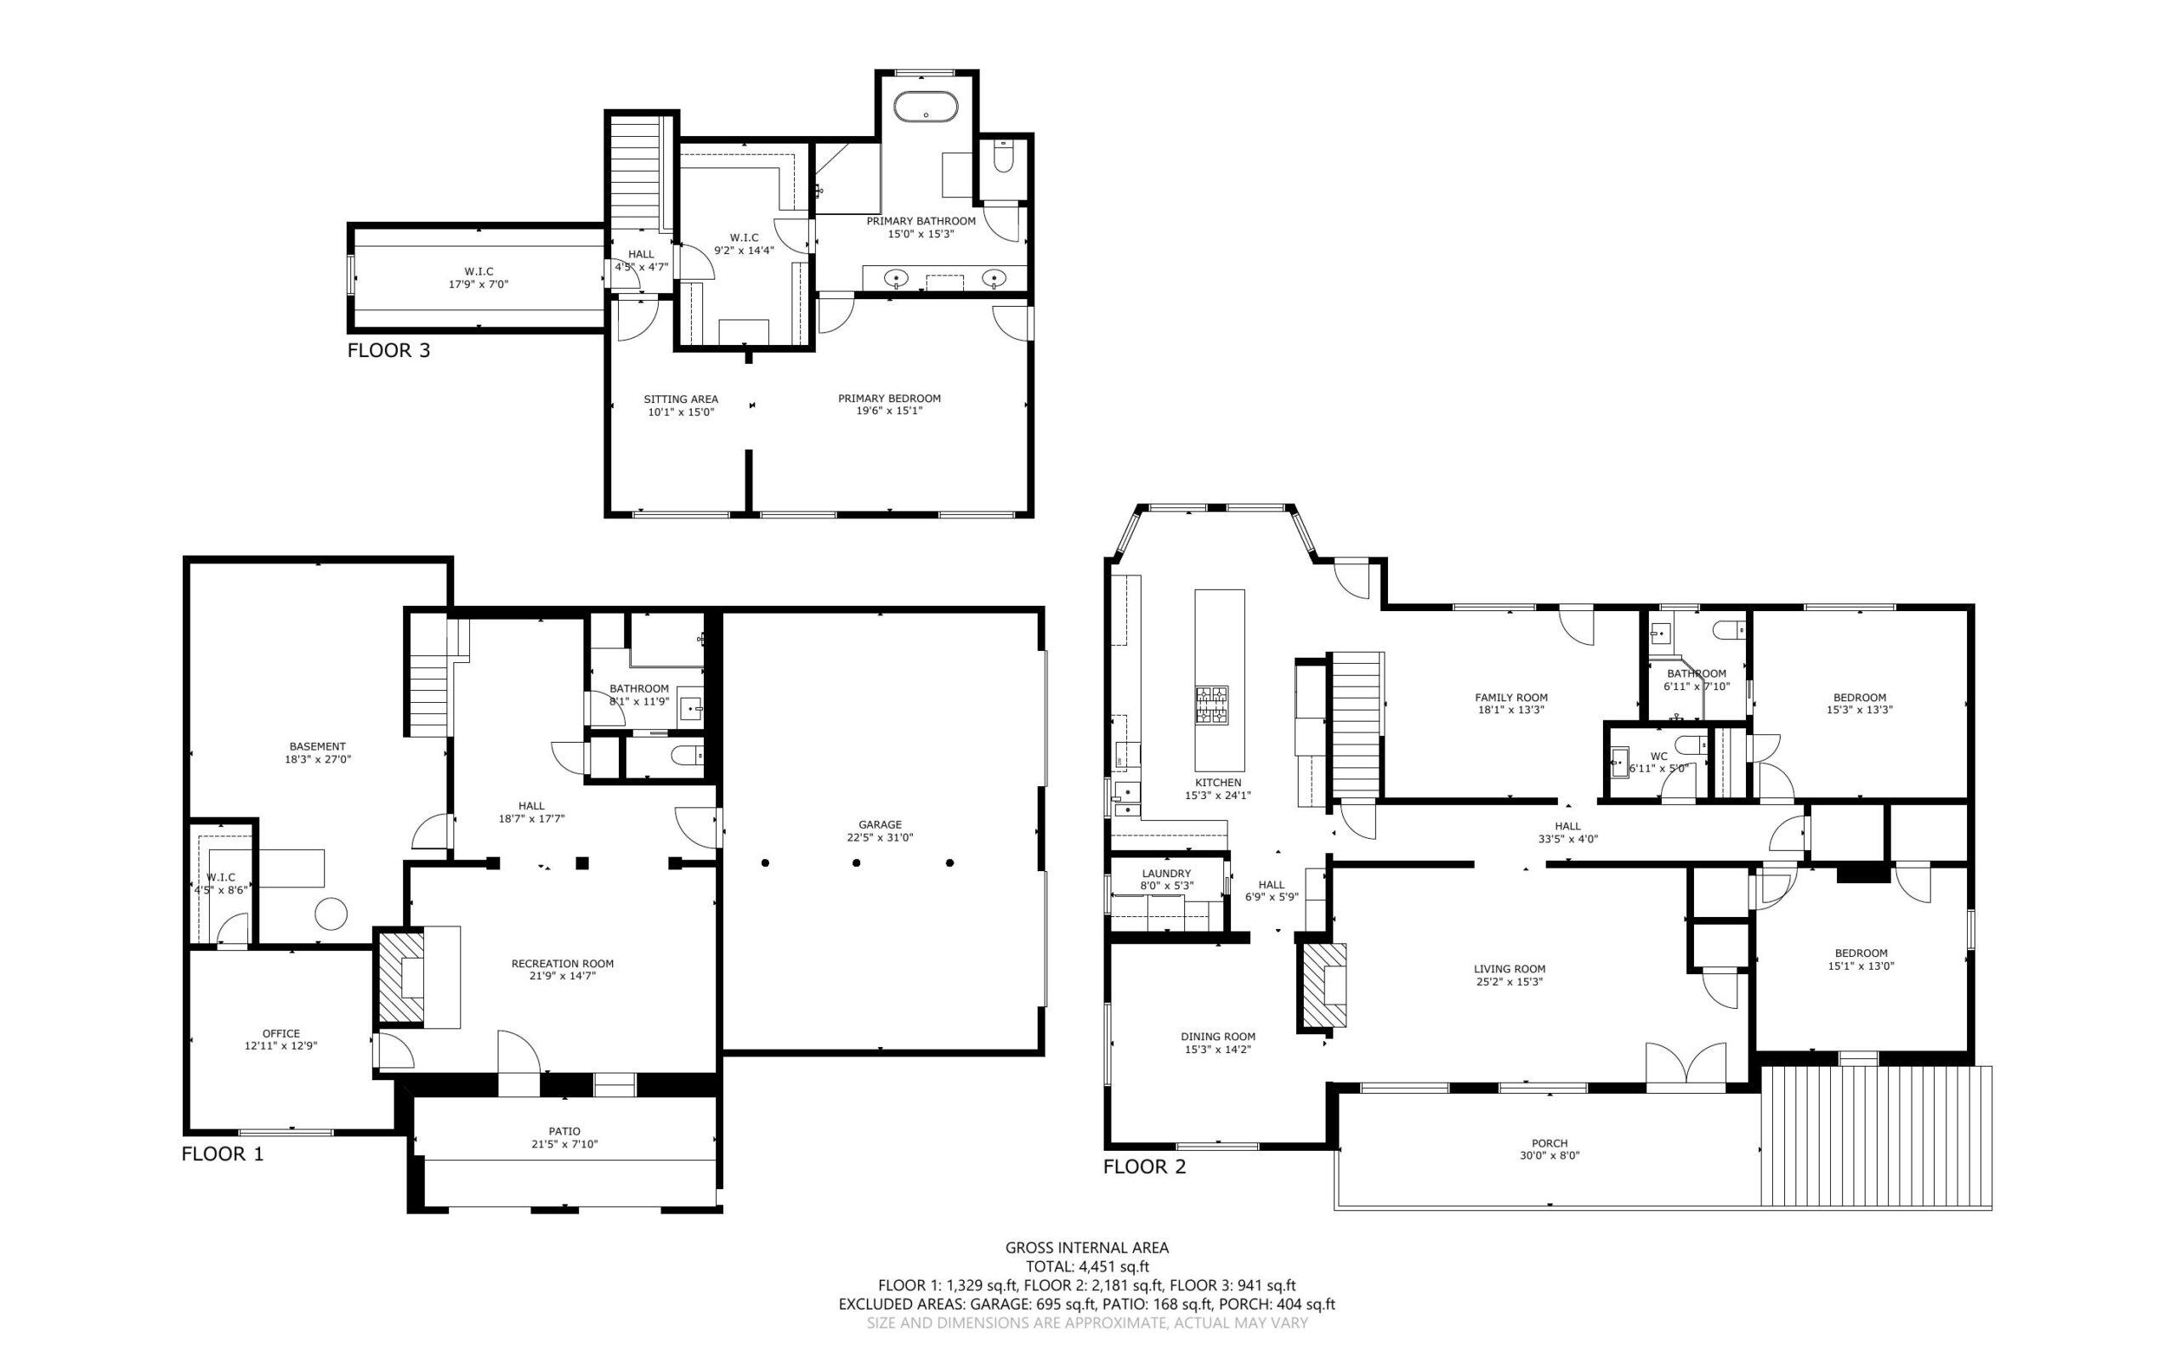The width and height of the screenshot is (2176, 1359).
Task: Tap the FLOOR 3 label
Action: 388,350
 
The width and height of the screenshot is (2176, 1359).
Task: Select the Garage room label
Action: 880,824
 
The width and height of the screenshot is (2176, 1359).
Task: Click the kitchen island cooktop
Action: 1211,705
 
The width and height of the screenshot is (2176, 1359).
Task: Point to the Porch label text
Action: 1550,1143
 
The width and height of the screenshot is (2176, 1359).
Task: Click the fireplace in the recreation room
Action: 401,977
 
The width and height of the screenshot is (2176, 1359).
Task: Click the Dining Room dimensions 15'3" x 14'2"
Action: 1218,1049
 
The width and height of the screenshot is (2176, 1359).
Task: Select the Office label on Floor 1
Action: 281,1033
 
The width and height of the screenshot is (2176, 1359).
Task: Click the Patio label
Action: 564,1131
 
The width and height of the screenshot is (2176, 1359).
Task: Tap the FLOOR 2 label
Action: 1144,1167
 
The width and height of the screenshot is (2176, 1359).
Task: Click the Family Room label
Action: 1511,698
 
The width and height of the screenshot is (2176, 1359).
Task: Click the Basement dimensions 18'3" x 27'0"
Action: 317,760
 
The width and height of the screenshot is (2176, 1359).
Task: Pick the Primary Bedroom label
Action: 889,398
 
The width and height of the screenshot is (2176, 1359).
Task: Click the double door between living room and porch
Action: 1686,1067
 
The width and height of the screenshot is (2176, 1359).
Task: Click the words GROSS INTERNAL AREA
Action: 1086,1248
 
